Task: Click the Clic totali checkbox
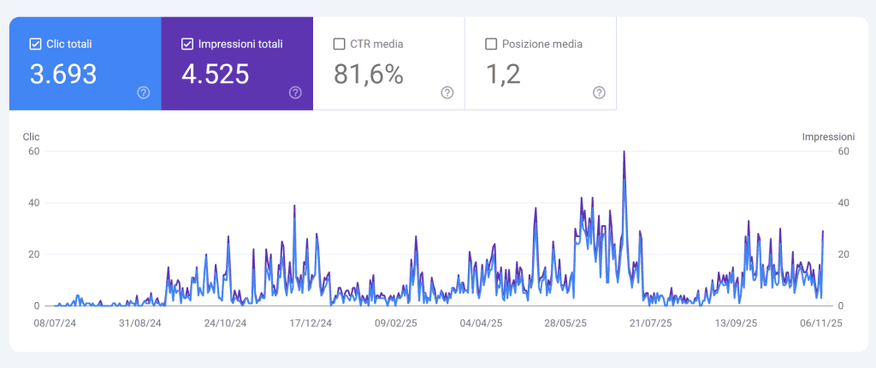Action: coord(35,44)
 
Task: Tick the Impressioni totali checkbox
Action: coord(187,44)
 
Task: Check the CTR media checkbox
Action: coord(340,44)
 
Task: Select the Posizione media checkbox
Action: coord(491,44)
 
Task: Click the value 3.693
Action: coord(63,74)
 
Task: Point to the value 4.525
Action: coord(216,74)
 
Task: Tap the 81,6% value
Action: coord(369,74)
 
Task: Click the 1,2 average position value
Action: coord(503,74)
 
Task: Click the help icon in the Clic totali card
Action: coord(144,92)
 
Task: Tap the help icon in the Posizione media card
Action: coord(599,92)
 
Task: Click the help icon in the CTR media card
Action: coord(447,92)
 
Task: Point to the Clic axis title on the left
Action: coord(31,136)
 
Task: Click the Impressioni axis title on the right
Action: coord(828,136)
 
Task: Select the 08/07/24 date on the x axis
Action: coord(55,323)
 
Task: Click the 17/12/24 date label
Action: coord(311,323)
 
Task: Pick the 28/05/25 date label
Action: coord(565,323)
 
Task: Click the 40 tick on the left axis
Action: coord(35,203)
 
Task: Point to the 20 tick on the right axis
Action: coord(843,254)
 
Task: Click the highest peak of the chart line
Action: coord(624,152)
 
